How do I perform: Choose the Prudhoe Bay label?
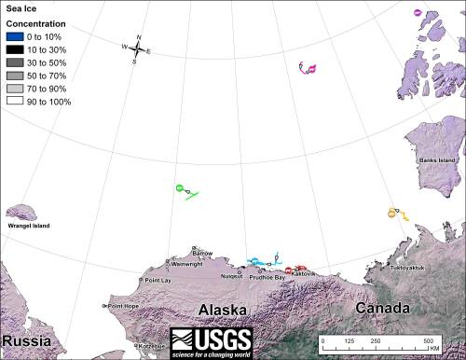[267, 278]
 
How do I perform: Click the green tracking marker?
[180, 189]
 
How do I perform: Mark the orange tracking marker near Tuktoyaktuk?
[392, 214]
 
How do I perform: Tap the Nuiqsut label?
[232, 277]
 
